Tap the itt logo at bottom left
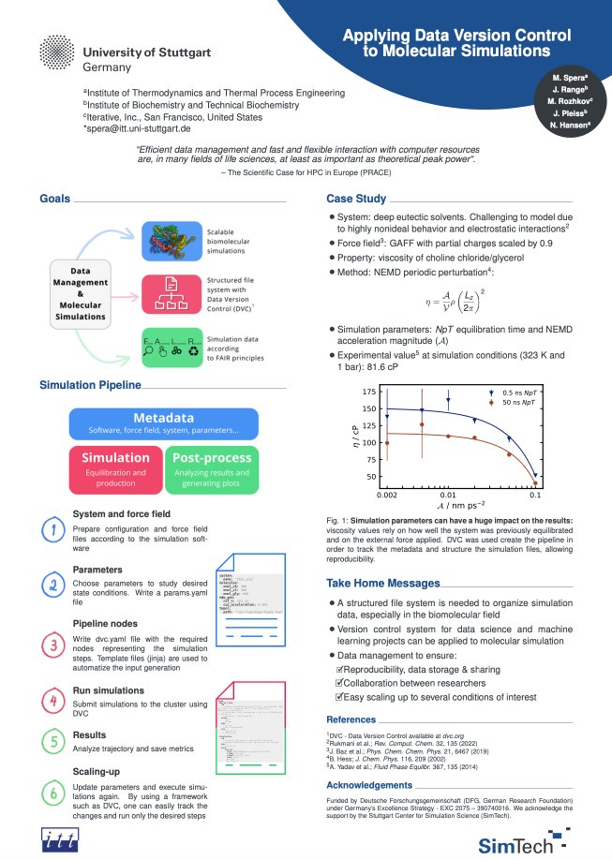click(61, 820)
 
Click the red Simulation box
click(115, 465)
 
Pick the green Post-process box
click(212, 465)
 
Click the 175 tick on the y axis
click(368, 392)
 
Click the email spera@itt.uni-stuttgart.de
click(138, 128)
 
